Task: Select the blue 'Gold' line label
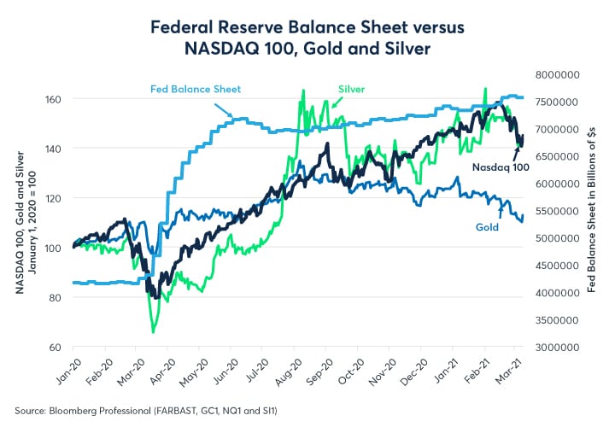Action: click(488, 228)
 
